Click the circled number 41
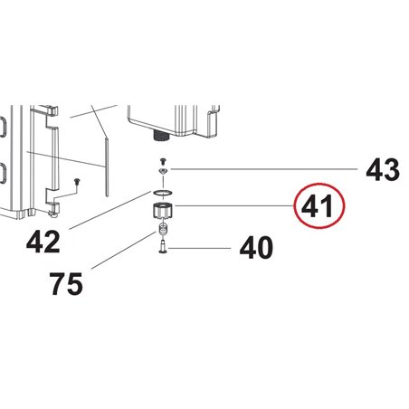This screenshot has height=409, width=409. click(x=317, y=206)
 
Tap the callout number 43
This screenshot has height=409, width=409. click(x=383, y=170)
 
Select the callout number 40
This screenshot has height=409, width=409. click(x=256, y=248)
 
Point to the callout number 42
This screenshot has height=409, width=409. click(x=43, y=242)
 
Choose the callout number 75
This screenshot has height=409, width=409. click(x=66, y=284)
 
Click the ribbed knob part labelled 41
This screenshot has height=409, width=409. click(x=162, y=211)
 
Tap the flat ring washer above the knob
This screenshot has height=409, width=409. click(x=163, y=193)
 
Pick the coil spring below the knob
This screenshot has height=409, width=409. click(x=163, y=229)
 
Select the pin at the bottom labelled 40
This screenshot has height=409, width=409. click(x=163, y=246)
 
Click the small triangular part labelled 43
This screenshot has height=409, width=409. click(x=163, y=171)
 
